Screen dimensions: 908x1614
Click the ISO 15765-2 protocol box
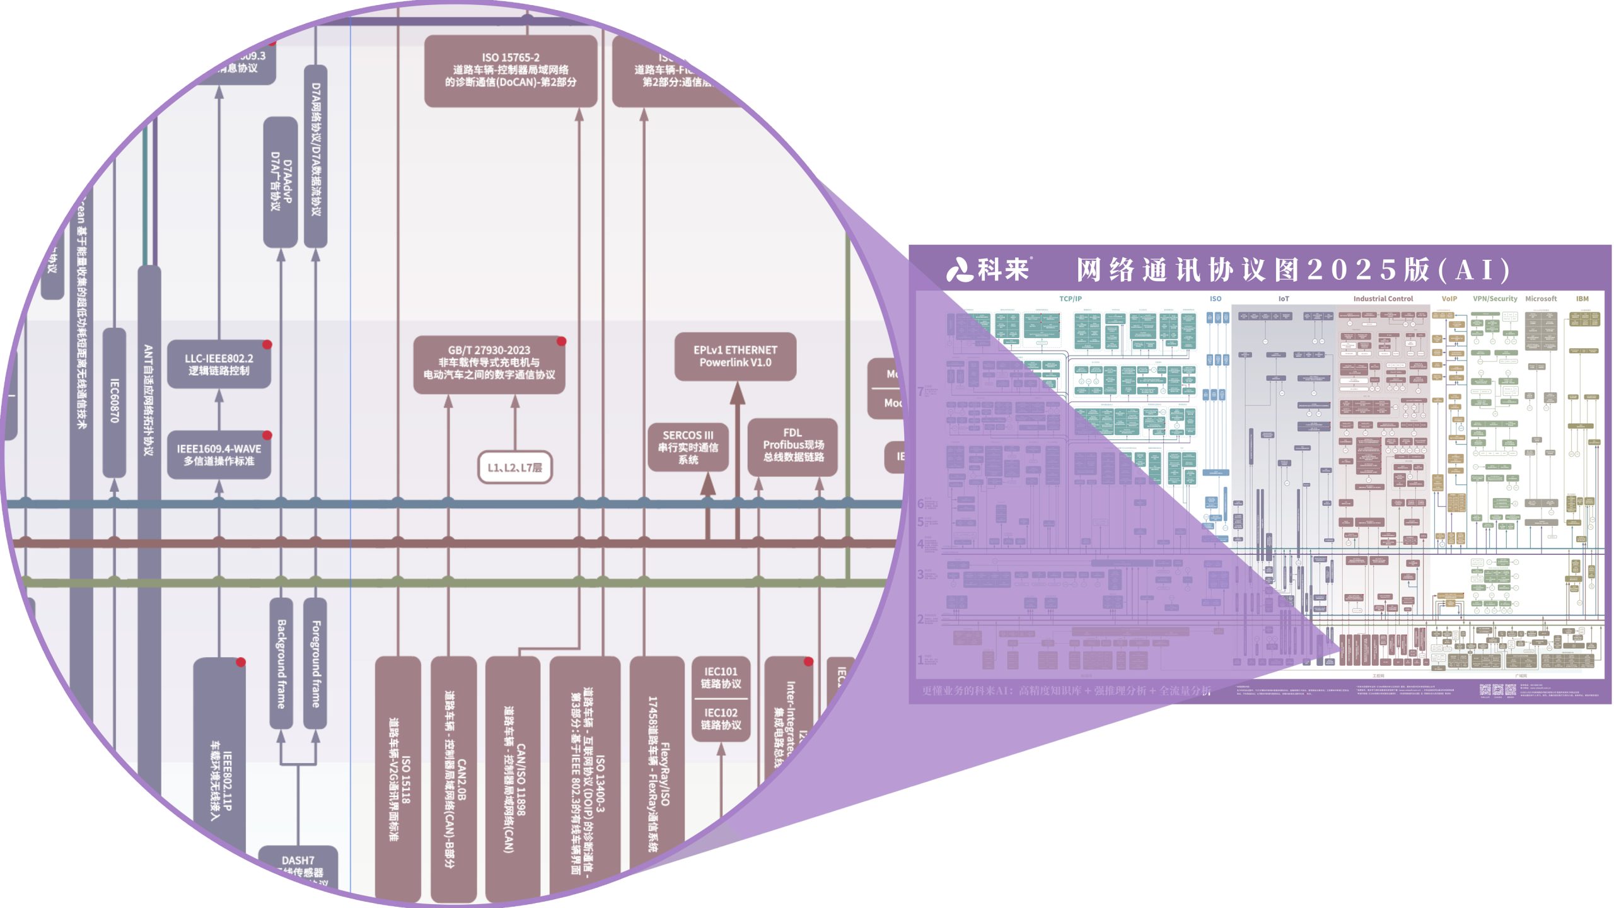point(511,70)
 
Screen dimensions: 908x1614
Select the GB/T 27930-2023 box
point(489,363)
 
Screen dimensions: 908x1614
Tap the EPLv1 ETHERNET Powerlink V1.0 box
point(735,356)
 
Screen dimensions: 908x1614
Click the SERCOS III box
point(688,446)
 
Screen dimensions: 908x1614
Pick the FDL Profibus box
point(793,445)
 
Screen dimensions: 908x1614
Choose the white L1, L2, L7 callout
point(514,467)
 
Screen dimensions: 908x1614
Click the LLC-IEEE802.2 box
point(219,364)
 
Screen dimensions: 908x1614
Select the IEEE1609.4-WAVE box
point(219,455)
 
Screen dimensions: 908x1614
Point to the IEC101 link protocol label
point(721,677)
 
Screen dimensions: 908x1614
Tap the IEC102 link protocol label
point(721,718)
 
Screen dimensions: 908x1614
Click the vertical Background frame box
point(281,663)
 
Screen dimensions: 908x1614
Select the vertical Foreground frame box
point(316,663)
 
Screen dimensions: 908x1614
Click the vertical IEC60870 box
point(114,401)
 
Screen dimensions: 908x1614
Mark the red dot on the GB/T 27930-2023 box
point(561,341)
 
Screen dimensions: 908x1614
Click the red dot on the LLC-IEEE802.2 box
point(267,344)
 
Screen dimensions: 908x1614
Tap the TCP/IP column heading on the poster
point(1071,299)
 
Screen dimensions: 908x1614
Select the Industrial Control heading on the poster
point(1383,299)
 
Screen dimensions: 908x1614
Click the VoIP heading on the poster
point(1449,299)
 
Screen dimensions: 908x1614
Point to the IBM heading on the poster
point(1582,299)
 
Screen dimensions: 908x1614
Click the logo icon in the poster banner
point(960,270)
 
